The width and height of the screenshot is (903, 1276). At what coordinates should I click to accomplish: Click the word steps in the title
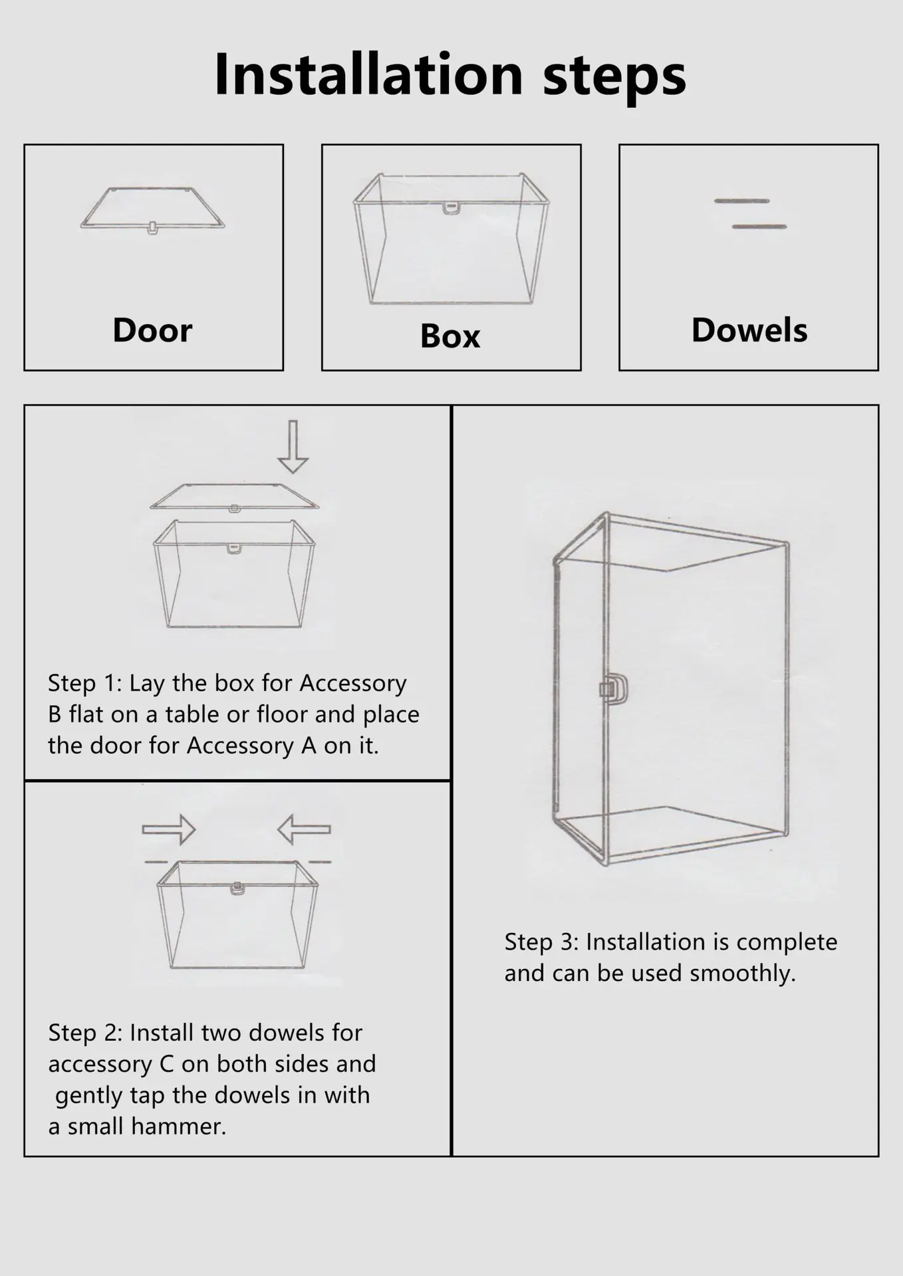pos(614,78)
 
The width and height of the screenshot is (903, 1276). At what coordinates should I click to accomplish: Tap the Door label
pos(152,330)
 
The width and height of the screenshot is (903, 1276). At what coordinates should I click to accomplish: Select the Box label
pos(450,336)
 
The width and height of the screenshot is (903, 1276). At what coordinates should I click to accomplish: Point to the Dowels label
pos(749,330)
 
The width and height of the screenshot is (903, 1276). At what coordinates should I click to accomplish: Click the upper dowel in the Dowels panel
pos(742,201)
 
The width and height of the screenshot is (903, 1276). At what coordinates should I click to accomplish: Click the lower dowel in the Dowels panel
pos(759,227)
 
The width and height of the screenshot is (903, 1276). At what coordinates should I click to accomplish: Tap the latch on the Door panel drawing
pos(152,229)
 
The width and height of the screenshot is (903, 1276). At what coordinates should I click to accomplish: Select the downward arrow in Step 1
pos(293,446)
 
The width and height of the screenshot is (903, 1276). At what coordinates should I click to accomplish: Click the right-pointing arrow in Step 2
pos(169,829)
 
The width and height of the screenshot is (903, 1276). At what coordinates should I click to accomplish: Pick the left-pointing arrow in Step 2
pos(304,829)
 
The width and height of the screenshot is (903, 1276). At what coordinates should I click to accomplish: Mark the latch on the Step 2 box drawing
pos(235,888)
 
